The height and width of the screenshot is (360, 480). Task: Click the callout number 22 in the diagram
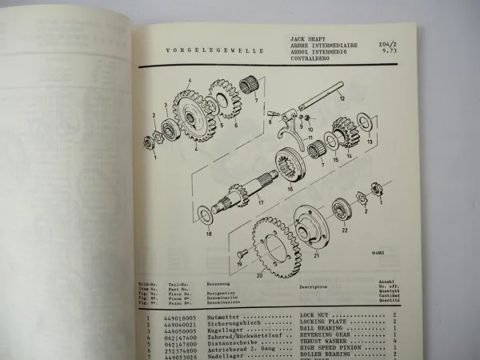coord(344,228)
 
